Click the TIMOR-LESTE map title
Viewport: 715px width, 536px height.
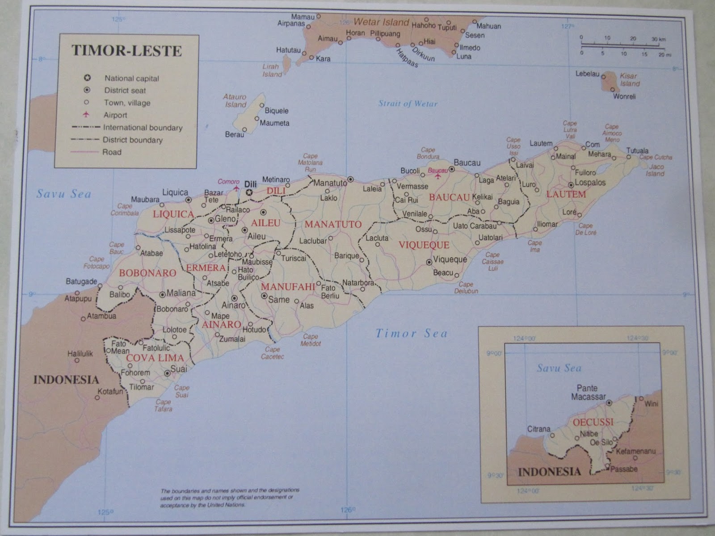[126, 50]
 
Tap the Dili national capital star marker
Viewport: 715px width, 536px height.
[249, 193]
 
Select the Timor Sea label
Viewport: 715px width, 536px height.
[411, 333]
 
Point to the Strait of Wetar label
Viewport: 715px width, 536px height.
[408, 104]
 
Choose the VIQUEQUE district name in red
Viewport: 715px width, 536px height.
[424, 245]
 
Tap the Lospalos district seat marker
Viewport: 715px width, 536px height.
[571, 184]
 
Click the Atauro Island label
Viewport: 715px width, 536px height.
[235, 100]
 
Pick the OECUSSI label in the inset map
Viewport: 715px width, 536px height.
[592, 422]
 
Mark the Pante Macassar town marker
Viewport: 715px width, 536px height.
[609, 403]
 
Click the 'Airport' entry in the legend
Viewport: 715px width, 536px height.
[115, 115]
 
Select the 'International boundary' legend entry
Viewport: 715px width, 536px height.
[143, 128]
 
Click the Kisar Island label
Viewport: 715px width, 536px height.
[629, 80]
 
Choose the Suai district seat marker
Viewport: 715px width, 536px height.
[167, 373]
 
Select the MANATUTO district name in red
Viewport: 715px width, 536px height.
[333, 224]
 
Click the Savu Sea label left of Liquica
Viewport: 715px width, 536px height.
[64, 194]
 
